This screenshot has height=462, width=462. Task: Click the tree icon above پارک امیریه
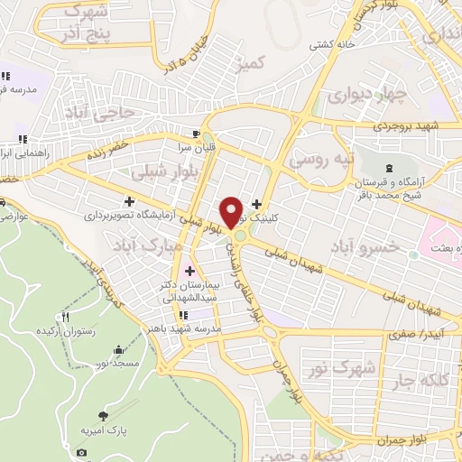(x=105, y=416)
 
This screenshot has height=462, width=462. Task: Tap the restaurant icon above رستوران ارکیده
(x=65, y=317)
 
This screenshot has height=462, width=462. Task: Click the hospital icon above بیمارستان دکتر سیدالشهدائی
(x=189, y=271)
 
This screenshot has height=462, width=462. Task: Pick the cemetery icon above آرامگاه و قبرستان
(x=389, y=169)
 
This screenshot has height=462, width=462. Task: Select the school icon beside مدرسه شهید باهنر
(x=183, y=315)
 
